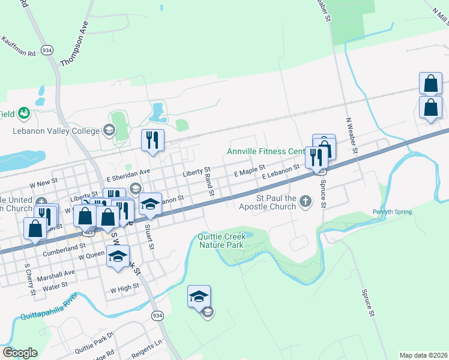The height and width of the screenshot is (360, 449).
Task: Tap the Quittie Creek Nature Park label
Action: point(220,241)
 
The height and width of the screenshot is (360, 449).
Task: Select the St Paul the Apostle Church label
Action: point(276,202)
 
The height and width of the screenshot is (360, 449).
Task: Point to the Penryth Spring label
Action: point(392,212)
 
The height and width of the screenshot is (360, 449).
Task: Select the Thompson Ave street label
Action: point(74,44)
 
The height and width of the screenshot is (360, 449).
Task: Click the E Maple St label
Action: point(249,172)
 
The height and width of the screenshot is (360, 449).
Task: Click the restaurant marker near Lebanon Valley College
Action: point(152,140)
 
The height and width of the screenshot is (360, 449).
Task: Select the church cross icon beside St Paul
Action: point(306,201)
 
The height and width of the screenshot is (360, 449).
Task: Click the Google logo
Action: point(20,353)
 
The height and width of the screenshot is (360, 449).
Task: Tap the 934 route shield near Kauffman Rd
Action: point(46,49)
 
